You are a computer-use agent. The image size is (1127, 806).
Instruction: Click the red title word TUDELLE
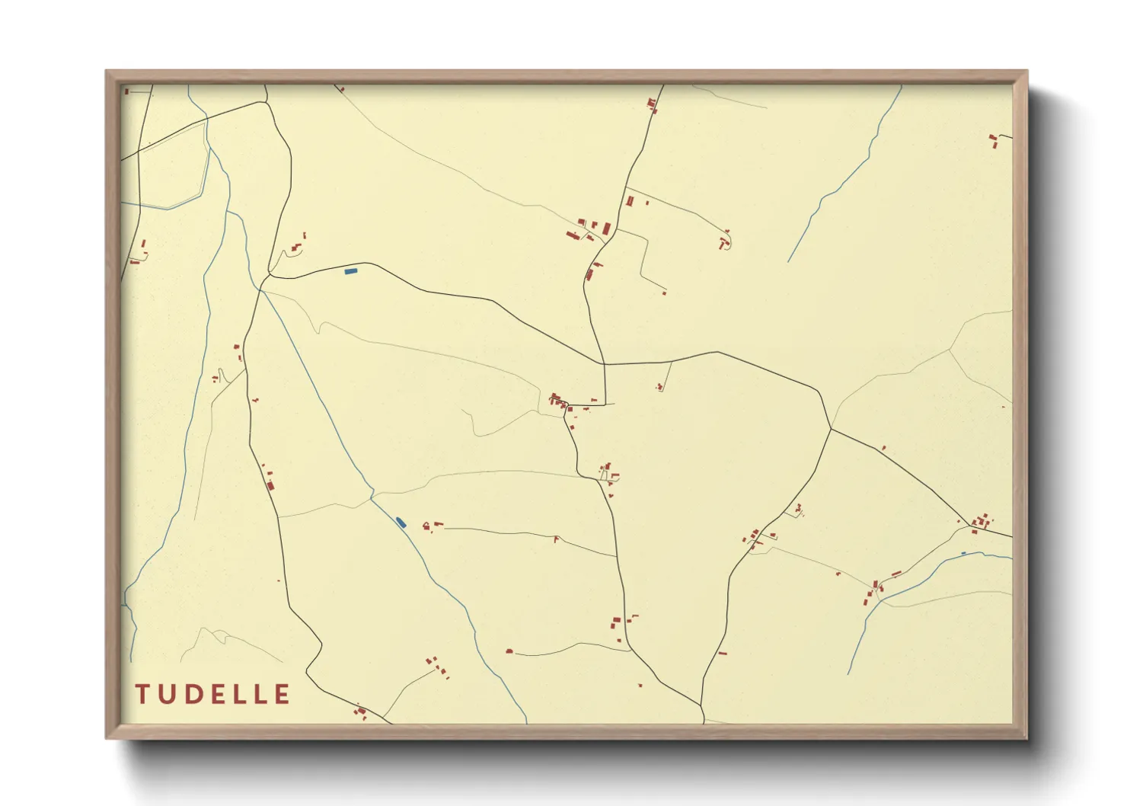[x=213, y=694]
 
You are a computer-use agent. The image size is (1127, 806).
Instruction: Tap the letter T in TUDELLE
[x=142, y=694]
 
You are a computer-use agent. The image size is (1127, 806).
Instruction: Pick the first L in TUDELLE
[x=238, y=694]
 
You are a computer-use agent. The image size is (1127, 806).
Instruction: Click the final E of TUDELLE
[x=282, y=694]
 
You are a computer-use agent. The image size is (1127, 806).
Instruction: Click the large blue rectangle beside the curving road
[x=351, y=270]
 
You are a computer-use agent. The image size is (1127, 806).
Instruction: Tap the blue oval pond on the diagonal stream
[x=401, y=522]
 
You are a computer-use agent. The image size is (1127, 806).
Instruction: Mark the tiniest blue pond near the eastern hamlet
[x=963, y=553]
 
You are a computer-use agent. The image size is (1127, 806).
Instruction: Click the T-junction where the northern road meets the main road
[x=605, y=364]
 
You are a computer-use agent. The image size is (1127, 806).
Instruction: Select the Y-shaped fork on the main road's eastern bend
[x=831, y=429]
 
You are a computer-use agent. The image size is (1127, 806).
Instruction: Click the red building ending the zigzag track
[x=664, y=293]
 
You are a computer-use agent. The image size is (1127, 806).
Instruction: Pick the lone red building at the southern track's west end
[x=509, y=651]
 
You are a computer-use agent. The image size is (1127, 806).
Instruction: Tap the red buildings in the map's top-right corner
[x=993, y=140]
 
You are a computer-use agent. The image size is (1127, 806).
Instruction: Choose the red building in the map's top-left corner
[x=126, y=91]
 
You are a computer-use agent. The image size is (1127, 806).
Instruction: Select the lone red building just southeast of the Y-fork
[x=883, y=448]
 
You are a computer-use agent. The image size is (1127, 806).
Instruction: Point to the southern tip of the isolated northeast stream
[x=788, y=261]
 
